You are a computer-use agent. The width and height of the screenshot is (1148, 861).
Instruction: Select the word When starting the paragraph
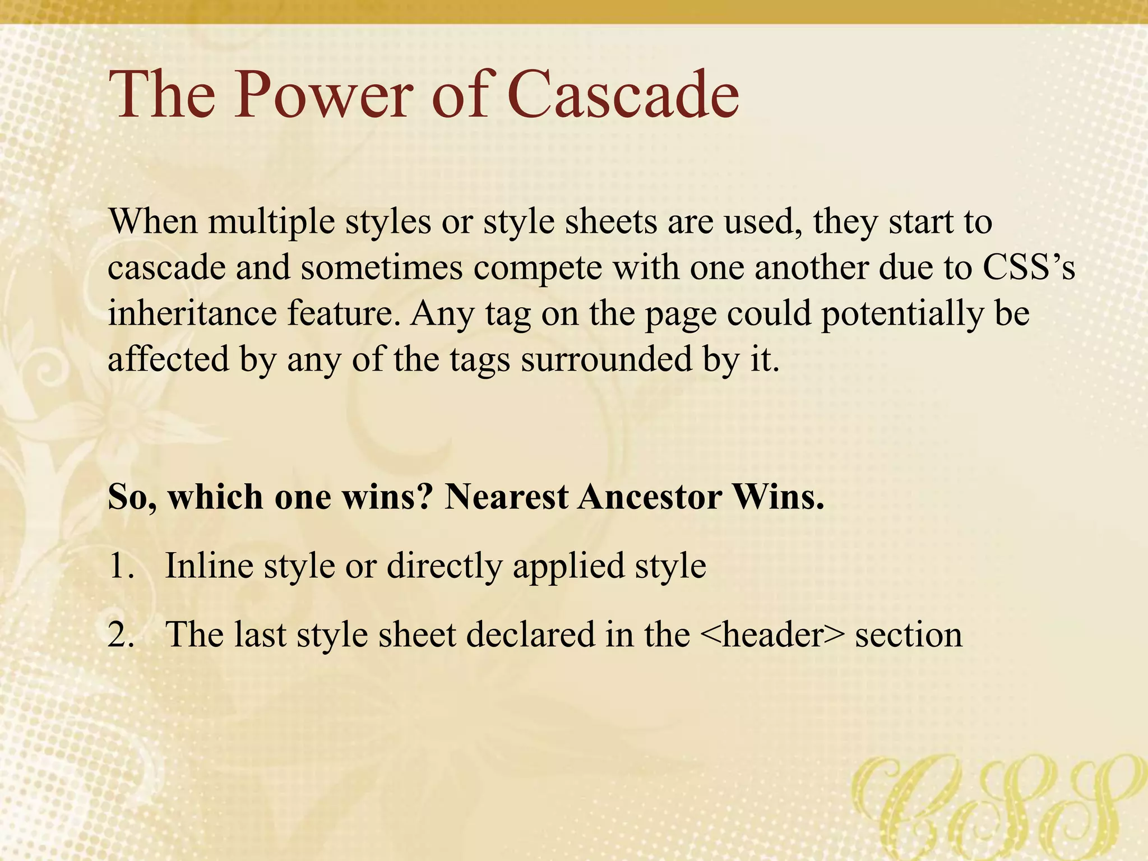pos(153,221)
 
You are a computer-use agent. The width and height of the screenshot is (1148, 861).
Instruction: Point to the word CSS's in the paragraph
pos(1029,267)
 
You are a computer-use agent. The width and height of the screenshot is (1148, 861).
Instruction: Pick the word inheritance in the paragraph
pos(192,313)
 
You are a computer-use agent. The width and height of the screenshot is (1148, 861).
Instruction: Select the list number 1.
pos(120,566)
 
